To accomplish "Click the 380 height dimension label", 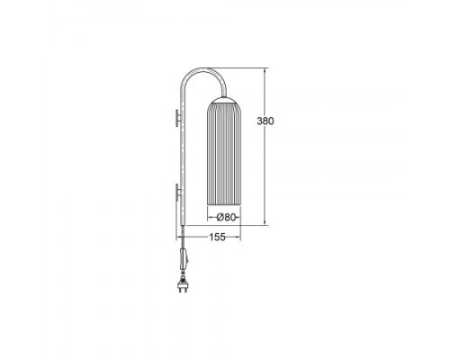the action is (265, 121).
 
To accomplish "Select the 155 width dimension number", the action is (217, 237).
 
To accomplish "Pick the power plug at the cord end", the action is (184, 285).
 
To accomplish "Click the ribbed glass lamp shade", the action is (224, 154).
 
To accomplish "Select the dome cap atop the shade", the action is (224, 100).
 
